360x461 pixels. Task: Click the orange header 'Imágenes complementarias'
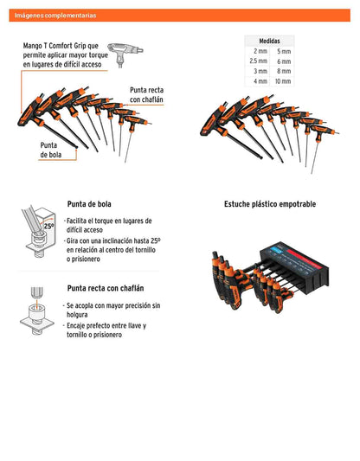55,16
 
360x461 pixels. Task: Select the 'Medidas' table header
269,41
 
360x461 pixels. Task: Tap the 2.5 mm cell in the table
258,61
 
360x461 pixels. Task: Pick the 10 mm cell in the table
283,81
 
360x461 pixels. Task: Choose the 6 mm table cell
284,61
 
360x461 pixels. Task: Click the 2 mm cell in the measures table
260,51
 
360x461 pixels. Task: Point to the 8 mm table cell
284,71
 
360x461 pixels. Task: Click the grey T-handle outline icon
125,54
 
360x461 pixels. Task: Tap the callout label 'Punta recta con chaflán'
146,94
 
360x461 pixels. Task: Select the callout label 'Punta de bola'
51,150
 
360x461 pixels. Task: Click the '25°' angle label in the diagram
48,226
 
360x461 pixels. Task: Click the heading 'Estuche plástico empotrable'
270,204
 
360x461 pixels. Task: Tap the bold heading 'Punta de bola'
89,204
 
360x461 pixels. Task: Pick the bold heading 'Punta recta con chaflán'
106,288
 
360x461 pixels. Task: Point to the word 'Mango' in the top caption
33,46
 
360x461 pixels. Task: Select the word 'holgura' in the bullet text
77,315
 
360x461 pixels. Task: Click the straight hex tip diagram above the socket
36,293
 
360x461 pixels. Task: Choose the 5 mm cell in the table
284,51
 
